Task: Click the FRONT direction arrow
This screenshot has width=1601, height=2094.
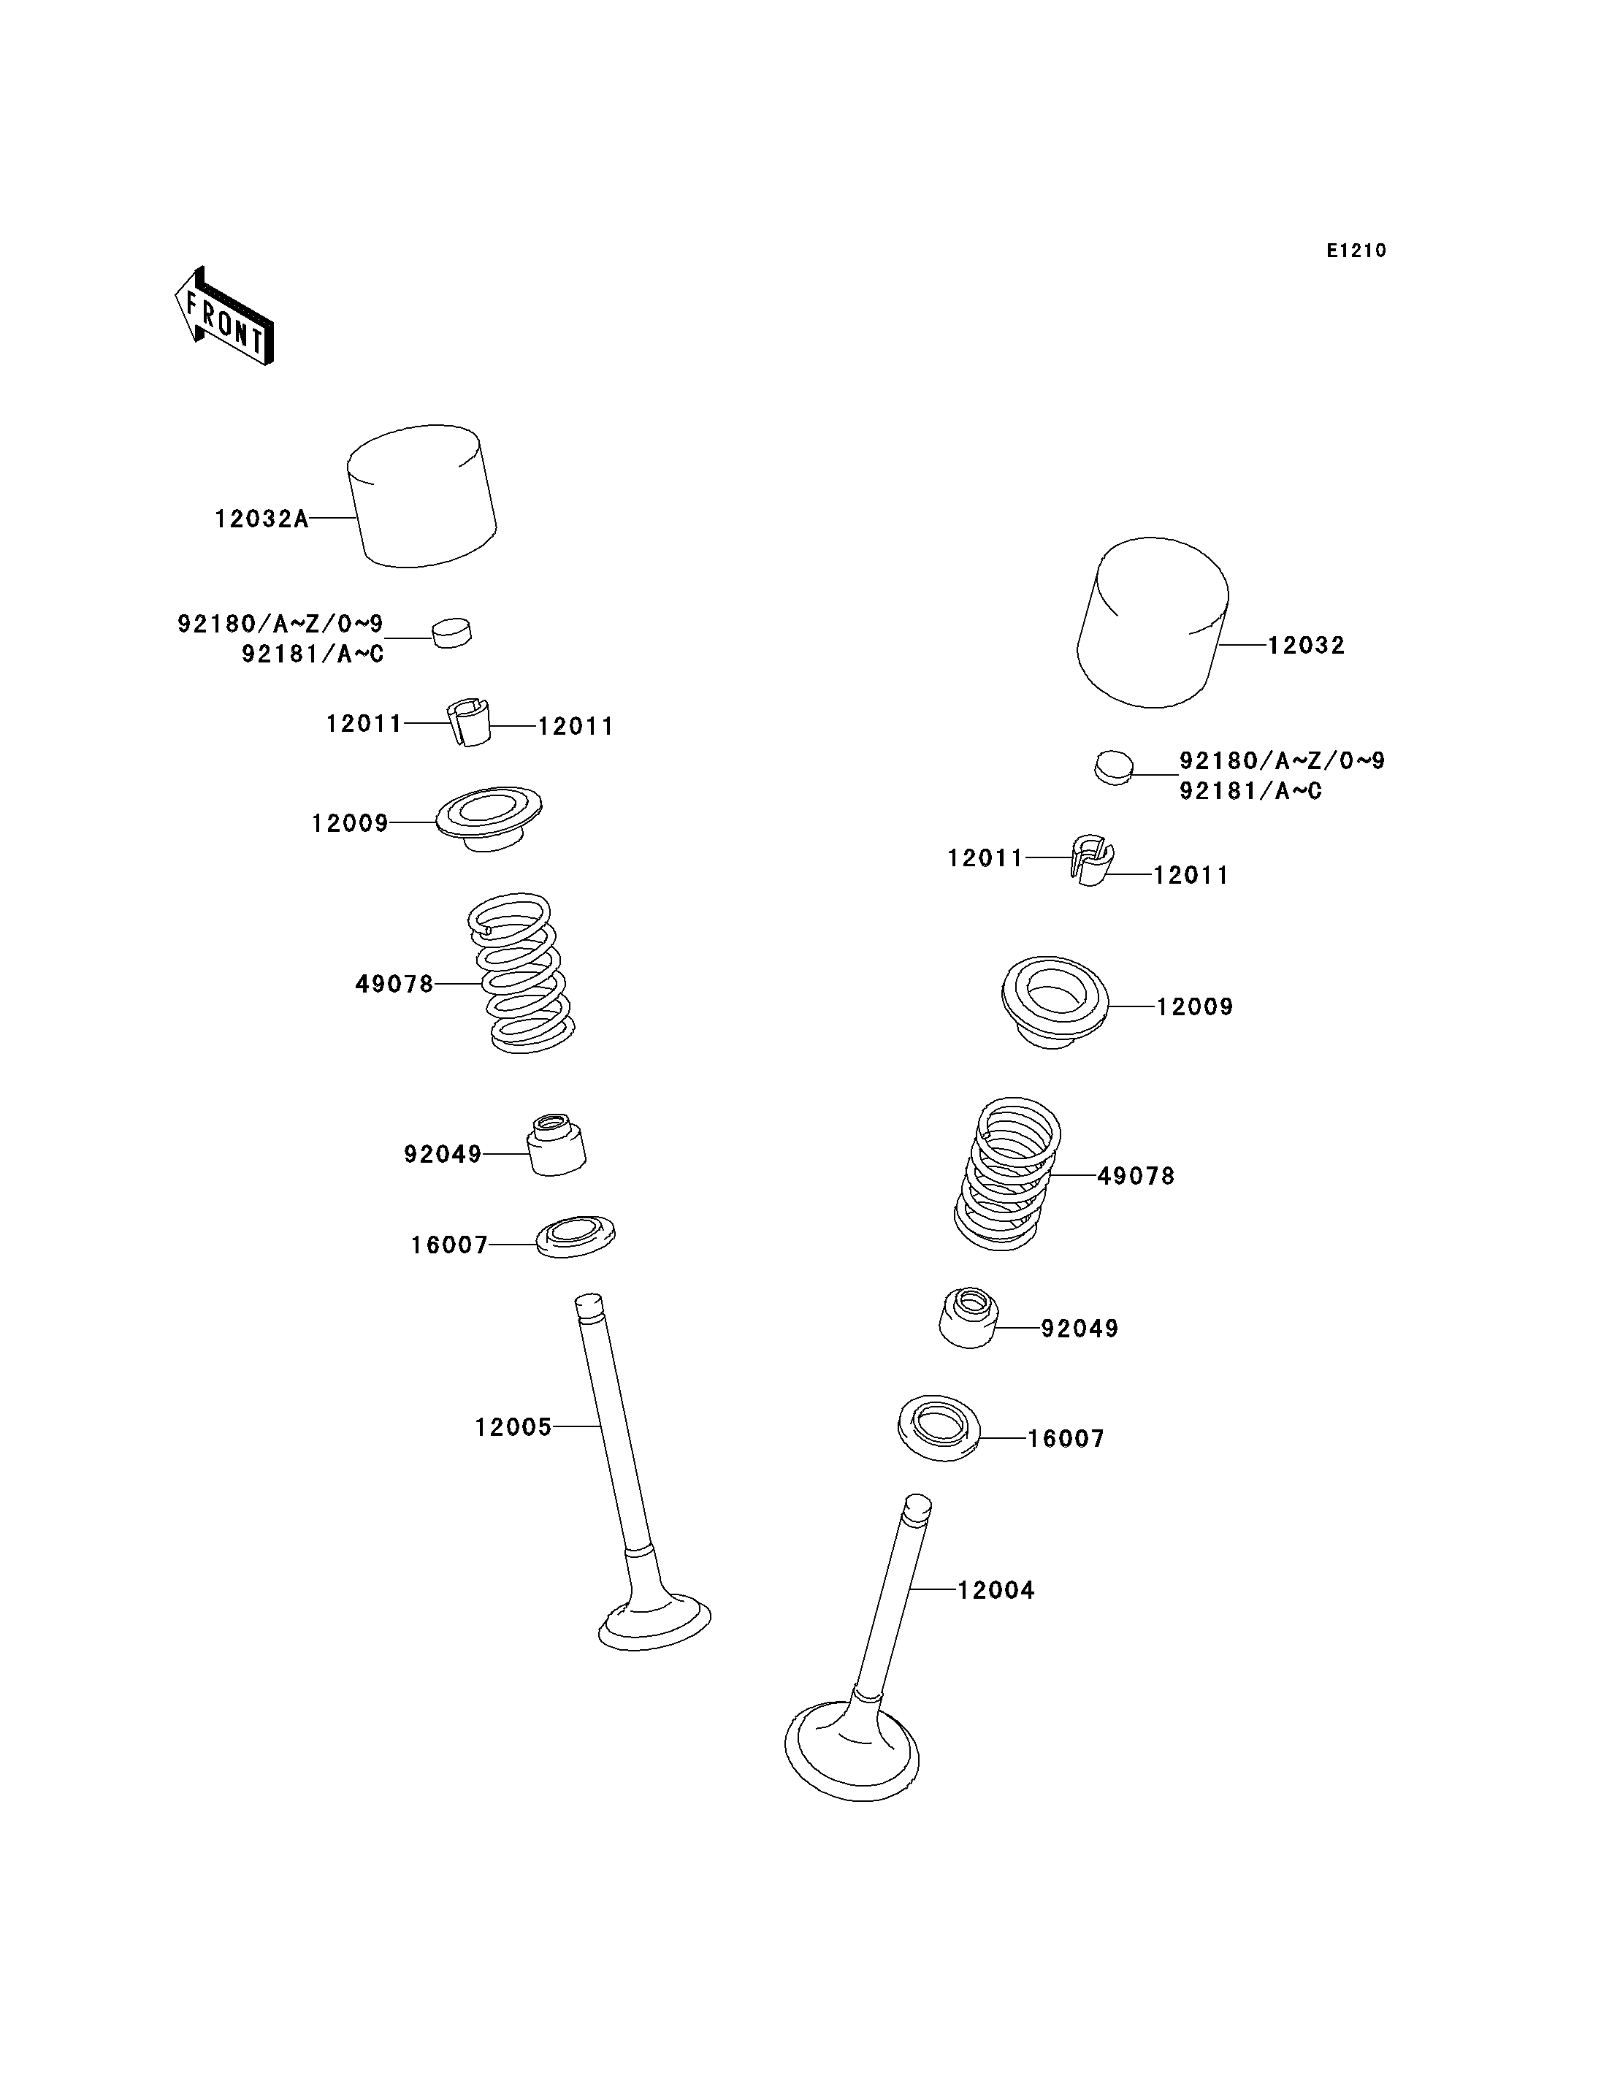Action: point(225,316)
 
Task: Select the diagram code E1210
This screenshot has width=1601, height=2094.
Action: point(1356,251)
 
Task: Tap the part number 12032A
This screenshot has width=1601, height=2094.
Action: point(261,519)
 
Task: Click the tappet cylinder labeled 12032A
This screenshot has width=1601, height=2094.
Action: point(421,496)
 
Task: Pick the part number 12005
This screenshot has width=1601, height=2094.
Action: point(513,1427)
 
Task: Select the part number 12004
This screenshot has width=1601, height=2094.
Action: point(996,1590)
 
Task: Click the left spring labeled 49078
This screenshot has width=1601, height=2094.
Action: point(521,973)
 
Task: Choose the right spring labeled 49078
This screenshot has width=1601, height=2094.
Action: point(1007,1174)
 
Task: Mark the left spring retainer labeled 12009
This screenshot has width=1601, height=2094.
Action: point(489,819)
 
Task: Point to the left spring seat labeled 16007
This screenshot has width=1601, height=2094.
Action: point(576,1237)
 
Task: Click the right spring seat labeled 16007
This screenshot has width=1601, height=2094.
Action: point(939,1429)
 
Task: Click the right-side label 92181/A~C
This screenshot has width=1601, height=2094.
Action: point(1250,791)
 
